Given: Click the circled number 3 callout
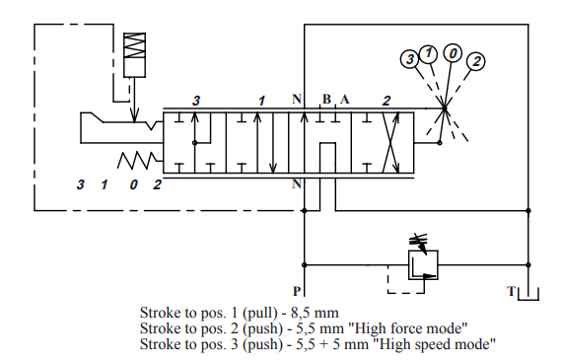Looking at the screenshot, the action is (x=410, y=59).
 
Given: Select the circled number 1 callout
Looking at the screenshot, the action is (x=428, y=54).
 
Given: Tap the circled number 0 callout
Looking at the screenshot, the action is (x=453, y=53).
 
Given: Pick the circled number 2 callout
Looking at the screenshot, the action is (x=476, y=61).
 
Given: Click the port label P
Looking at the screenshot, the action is (x=297, y=291).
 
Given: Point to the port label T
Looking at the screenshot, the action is (x=512, y=291).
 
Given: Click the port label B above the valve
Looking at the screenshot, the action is (x=326, y=100).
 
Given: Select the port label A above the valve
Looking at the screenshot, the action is (x=344, y=100).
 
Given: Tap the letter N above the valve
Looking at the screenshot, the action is (x=297, y=99).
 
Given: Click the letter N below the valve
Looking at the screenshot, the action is (x=297, y=183).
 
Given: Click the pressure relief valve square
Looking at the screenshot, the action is (x=423, y=264).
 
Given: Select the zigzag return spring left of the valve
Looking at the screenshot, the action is (x=137, y=161).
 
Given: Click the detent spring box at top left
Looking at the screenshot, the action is (x=134, y=55).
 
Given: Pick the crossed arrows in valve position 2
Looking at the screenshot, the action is (x=390, y=143).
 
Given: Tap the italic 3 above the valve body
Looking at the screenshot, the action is (x=195, y=101).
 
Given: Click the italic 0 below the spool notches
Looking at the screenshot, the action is (x=133, y=184).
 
